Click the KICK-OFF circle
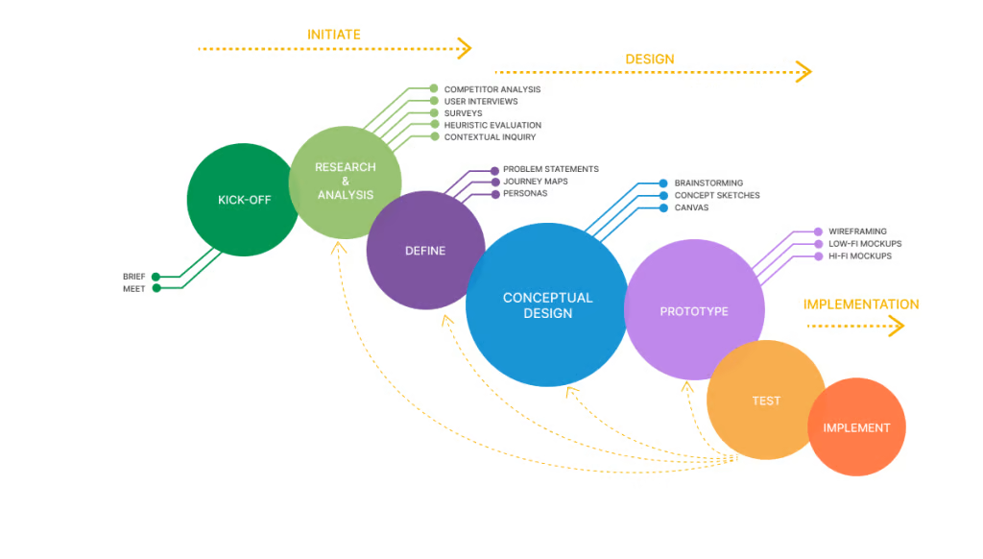point(243,200)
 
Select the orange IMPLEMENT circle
point(856,427)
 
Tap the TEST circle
point(765,401)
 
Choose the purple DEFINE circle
point(425,251)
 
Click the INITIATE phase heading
point(334,35)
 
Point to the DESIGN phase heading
point(650,60)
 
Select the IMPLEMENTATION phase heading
point(861,304)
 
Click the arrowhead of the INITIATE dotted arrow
point(465,47)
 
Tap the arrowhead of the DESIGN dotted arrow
point(804,72)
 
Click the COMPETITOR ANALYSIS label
point(491,89)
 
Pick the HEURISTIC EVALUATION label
point(491,125)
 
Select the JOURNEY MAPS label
point(535,182)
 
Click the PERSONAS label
point(525,193)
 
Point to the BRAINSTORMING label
point(708,182)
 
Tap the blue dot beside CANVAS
point(663,207)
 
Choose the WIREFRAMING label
point(857,231)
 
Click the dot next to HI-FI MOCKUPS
point(818,256)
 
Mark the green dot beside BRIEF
point(156,277)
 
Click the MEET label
point(134,288)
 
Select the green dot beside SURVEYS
point(434,113)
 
